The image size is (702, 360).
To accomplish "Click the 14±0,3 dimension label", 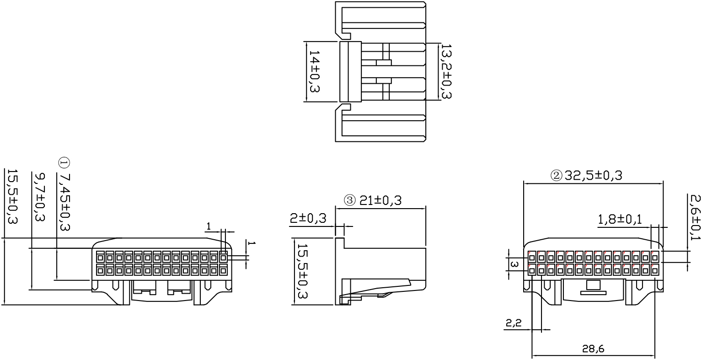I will [314, 71].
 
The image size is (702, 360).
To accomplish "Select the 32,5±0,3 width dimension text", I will [593, 175].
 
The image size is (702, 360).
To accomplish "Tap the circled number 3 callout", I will [349, 200].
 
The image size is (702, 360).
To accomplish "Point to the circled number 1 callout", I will [64, 162].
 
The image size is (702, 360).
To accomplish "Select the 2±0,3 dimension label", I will [308, 218].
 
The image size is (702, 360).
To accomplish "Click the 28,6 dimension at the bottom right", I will [593, 349].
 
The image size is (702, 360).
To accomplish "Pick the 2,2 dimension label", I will [514, 323].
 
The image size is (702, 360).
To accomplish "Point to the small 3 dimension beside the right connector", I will [514, 264].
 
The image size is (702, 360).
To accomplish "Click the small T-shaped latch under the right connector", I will [593, 288].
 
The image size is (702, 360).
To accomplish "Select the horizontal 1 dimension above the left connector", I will [209, 226].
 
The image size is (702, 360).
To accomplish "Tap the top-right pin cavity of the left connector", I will [223, 258].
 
